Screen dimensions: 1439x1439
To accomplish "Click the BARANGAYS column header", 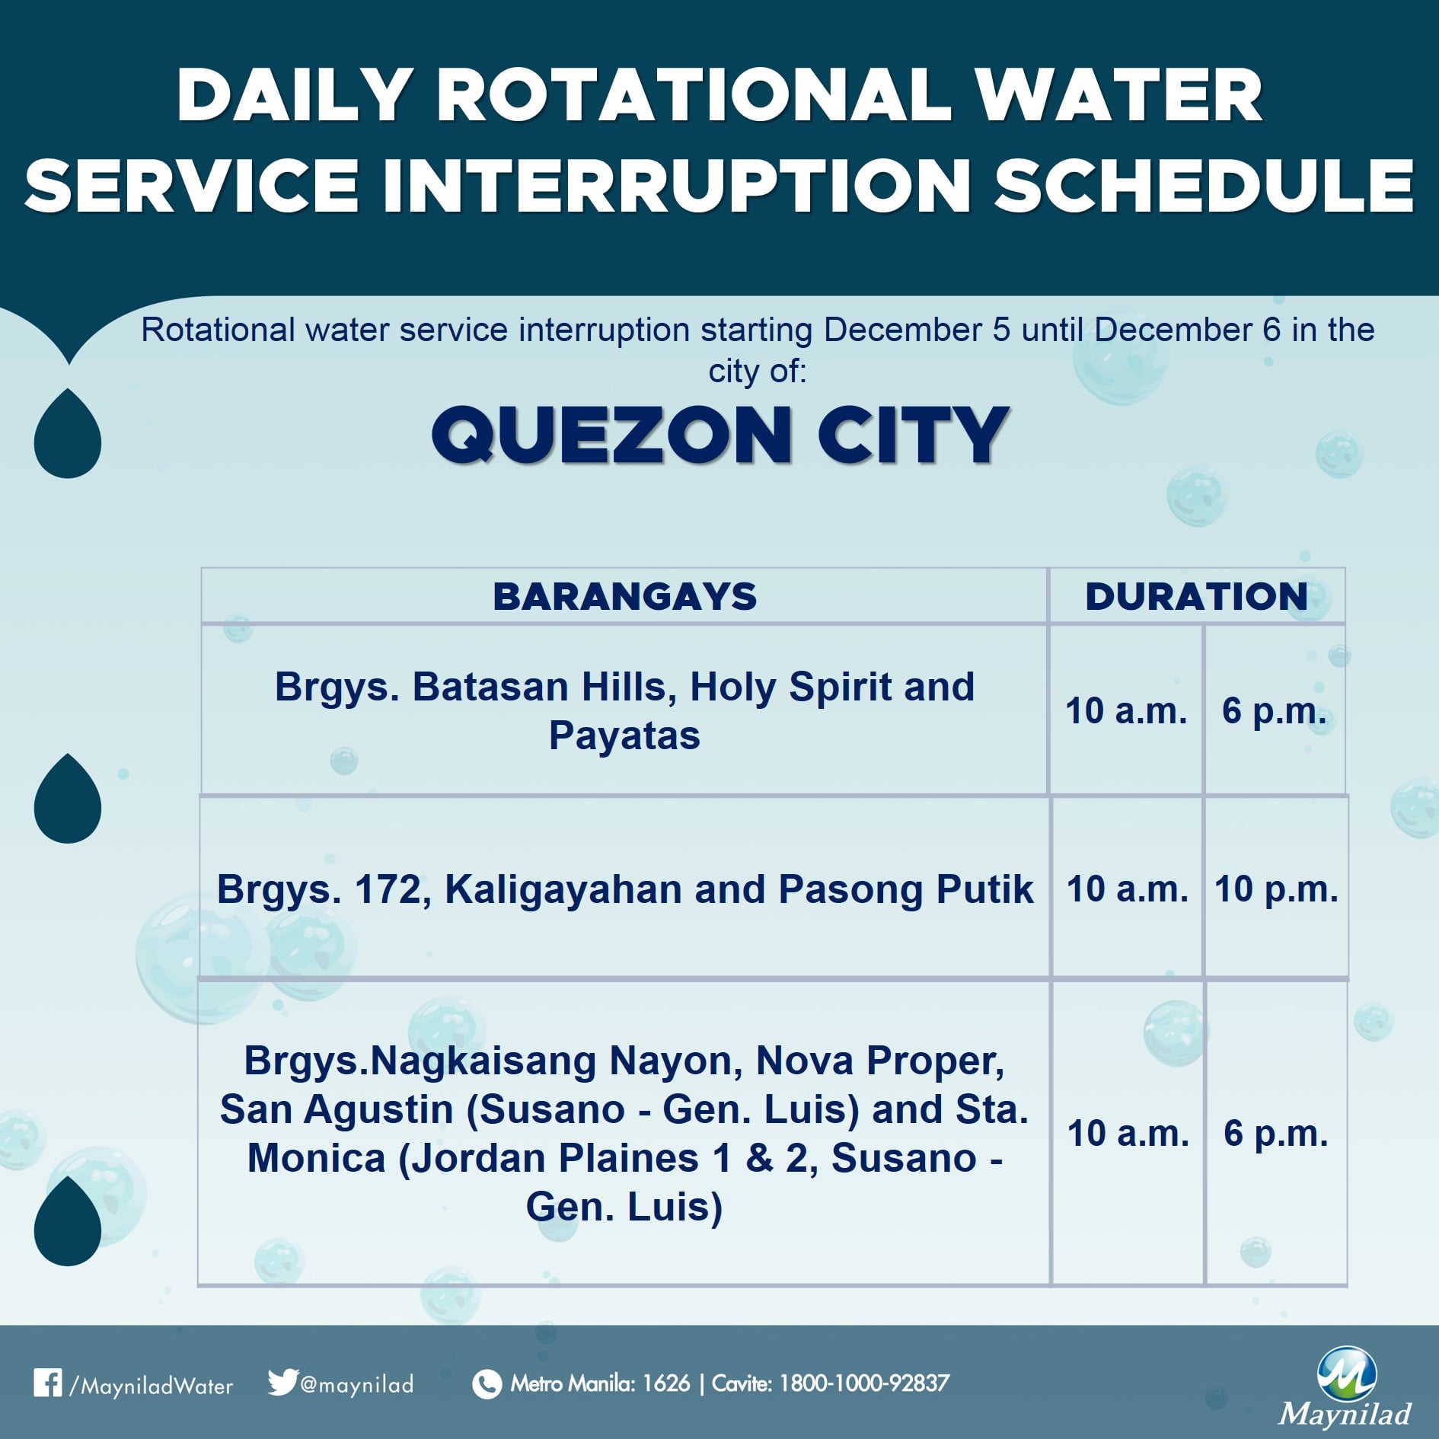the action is click(x=624, y=596).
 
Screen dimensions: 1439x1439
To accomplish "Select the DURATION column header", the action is click(x=1196, y=596).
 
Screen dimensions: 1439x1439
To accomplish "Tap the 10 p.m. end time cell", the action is click(x=1276, y=889).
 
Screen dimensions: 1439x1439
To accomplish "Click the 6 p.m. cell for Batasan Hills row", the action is click(x=1275, y=710).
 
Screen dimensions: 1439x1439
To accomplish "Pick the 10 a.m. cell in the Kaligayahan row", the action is click(x=1127, y=889).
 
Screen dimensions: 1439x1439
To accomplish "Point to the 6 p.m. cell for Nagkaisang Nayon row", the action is click(x=1276, y=1133).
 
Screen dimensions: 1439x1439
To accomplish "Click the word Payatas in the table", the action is click(x=624, y=736).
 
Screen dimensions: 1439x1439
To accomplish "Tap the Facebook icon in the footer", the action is click(x=47, y=1383).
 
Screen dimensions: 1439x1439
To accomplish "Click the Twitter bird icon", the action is click(x=282, y=1381).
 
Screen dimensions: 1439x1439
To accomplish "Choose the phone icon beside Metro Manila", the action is click(x=487, y=1383).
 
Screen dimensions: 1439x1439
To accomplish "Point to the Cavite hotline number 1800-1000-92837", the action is click(x=864, y=1383).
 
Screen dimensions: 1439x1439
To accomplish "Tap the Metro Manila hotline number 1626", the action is click(x=666, y=1383).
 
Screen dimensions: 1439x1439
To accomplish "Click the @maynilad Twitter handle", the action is click(x=357, y=1383).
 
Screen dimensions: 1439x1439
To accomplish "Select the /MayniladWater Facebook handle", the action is click(x=151, y=1385).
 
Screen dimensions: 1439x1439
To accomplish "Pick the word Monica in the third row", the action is click(x=317, y=1158).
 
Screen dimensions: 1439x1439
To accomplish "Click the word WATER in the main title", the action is click(x=1118, y=95).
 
